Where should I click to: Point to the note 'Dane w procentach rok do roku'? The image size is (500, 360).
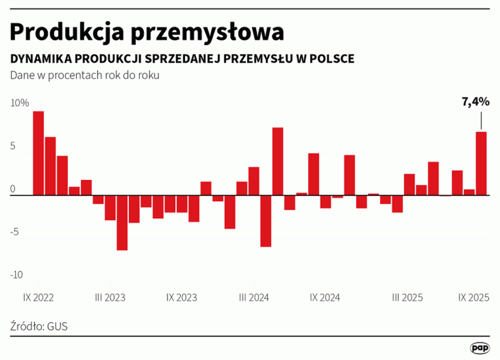84,75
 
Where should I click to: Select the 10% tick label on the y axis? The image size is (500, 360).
19,103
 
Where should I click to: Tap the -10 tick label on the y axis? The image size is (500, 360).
16,275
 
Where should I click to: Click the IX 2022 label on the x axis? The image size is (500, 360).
39,297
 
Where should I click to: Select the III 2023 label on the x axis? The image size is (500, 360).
110,297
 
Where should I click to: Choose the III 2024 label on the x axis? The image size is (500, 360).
254,297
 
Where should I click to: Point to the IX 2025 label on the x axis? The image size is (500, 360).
473,297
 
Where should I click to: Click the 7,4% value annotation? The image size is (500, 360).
475,102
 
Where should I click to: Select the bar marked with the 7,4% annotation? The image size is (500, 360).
481,163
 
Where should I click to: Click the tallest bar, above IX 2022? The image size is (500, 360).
38,154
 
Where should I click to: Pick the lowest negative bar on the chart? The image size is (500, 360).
122,223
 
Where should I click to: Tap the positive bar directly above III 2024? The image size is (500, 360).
254,181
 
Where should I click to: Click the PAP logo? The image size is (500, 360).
480,348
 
